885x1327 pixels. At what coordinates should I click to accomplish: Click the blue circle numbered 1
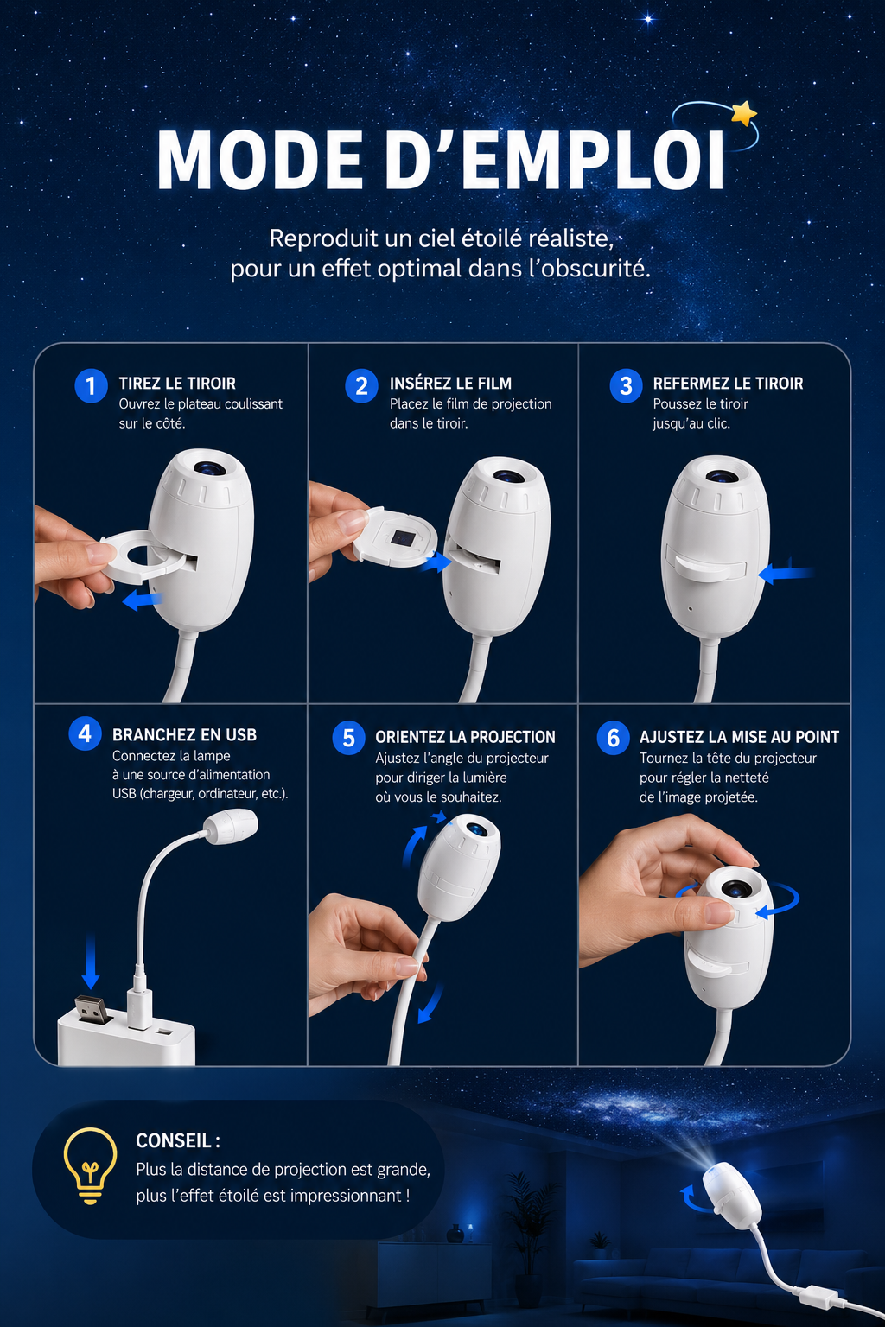pyautogui.click(x=91, y=385)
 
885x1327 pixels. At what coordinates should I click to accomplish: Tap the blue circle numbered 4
pyautogui.click(x=85, y=733)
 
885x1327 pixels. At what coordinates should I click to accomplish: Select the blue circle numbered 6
pyautogui.click(x=613, y=738)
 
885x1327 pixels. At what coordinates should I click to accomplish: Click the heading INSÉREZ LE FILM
pyautogui.click(x=450, y=384)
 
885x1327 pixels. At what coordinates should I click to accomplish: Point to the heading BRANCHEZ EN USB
pyautogui.click(x=184, y=734)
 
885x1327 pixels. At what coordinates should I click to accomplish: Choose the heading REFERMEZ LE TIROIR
pyautogui.click(x=728, y=384)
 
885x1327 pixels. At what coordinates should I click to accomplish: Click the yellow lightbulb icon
pyautogui.click(x=90, y=1166)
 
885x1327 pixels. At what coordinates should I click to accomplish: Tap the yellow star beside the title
pyautogui.click(x=744, y=112)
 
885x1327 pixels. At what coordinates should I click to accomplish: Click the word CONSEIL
pyautogui.click(x=174, y=1140)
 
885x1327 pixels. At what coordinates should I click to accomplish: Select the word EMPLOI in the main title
pyautogui.click(x=594, y=160)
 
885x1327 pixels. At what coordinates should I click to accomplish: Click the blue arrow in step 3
pyautogui.click(x=786, y=573)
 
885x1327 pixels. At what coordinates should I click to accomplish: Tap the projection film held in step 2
pyautogui.click(x=395, y=537)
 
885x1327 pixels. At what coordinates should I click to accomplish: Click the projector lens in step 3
pyautogui.click(x=722, y=476)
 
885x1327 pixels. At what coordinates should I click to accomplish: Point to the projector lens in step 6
pyautogui.click(x=735, y=889)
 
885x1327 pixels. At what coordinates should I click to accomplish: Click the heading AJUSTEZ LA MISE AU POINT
pyautogui.click(x=739, y=737)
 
